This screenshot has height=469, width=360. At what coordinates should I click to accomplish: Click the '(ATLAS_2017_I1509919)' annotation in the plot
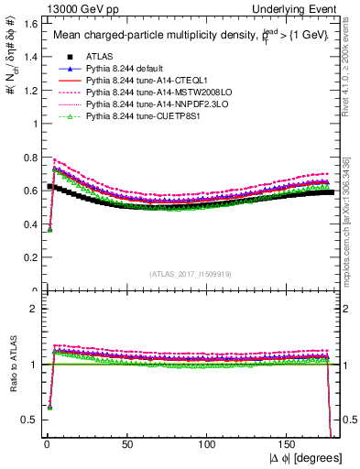coord(191,272)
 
